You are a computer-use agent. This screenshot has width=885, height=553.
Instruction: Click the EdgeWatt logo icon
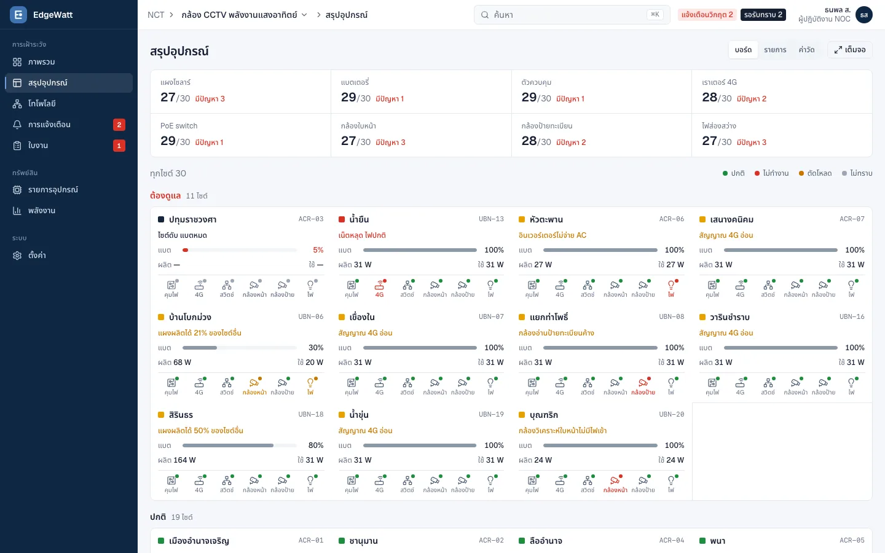click(x=18, y=15)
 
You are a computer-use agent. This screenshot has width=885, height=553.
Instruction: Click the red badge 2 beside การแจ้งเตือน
click(x=119, y=124)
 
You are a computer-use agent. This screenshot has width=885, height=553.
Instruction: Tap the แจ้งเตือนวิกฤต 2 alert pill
click(x=707, y=15)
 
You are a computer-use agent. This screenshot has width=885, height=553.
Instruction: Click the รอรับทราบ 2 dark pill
click(x=763, y=15)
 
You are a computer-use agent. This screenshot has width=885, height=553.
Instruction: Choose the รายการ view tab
click(x=775, y=50)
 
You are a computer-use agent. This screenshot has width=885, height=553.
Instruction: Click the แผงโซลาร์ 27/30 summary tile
click(x=241, y=92)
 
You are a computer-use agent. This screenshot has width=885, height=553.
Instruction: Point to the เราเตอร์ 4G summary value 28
click(x=709, y=97)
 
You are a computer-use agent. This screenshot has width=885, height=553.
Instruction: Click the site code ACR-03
click(x=310, y=219)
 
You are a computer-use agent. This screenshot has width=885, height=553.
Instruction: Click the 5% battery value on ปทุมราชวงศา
click(x=318, y=250)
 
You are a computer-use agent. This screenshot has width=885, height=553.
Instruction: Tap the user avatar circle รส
click(x=863, y=15)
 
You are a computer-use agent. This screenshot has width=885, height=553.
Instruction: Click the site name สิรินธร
click(x=181, y=415)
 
